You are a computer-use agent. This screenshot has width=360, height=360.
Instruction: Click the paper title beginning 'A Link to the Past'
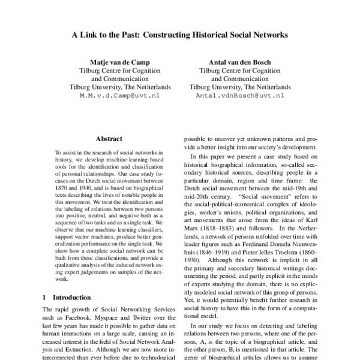coord(180,35)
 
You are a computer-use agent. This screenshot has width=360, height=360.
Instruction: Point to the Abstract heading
coord(109,138)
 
